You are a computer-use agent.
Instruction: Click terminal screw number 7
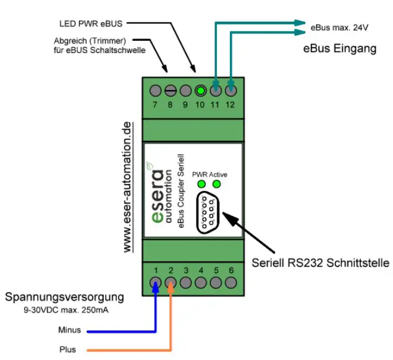[x=156, y=90]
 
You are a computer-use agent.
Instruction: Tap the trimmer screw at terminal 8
[x=171, y=90]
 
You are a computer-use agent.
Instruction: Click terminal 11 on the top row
[x=216, y=90]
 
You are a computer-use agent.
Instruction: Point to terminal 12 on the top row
[x=230, y=90]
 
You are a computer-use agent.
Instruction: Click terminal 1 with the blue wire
[x=156, y=283]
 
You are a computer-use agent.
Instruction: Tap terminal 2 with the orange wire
[x=171, y=283]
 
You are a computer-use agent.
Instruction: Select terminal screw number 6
[x=230, y=283]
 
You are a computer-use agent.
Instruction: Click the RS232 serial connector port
[x=208, y=212]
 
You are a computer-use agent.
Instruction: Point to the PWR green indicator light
[x=201, y=184]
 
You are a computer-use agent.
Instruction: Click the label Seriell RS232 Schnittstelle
[x=320, y=263]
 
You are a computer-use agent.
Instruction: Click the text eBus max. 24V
[x=339, y=28]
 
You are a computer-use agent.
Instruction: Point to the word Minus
[x=69, y=330]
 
